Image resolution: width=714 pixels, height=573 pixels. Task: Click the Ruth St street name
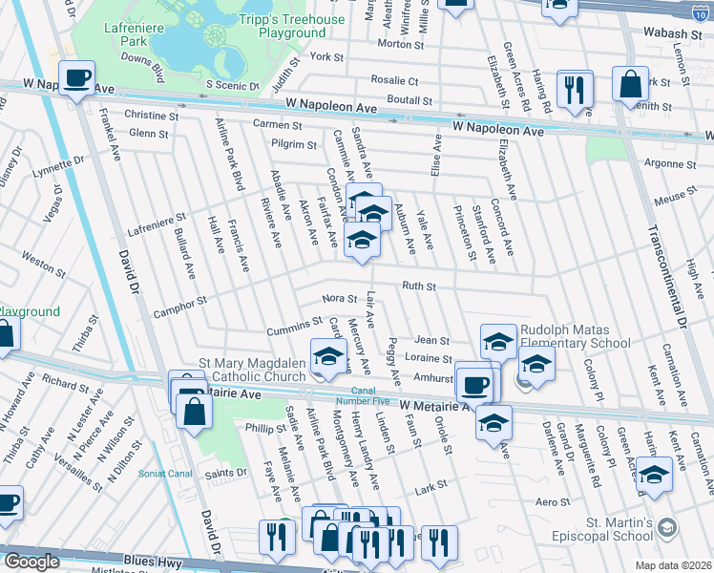click(418, 286)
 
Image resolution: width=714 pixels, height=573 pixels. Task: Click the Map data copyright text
click(670, 564)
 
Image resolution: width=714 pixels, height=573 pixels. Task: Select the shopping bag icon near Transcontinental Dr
click(630, 85)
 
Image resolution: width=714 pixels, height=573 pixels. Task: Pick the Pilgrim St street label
click(293, 145)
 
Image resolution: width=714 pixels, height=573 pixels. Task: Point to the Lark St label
click(430, 485)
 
